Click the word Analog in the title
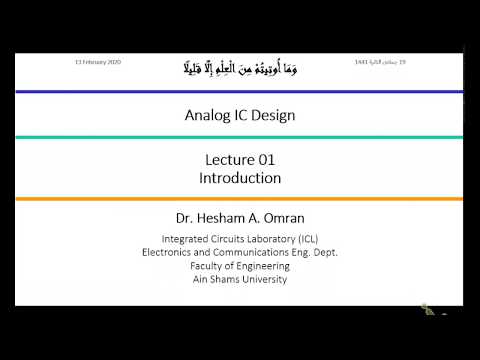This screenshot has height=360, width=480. point(207,115)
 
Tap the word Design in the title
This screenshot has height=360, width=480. point(273,115)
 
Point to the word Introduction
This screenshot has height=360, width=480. point(240,178)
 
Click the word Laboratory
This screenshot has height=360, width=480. point(261,239)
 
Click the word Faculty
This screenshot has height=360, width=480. point(211,266)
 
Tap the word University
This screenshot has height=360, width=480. point(263,279)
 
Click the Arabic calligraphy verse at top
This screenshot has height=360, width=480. point(240,68)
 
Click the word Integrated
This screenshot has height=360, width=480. point(188,239)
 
